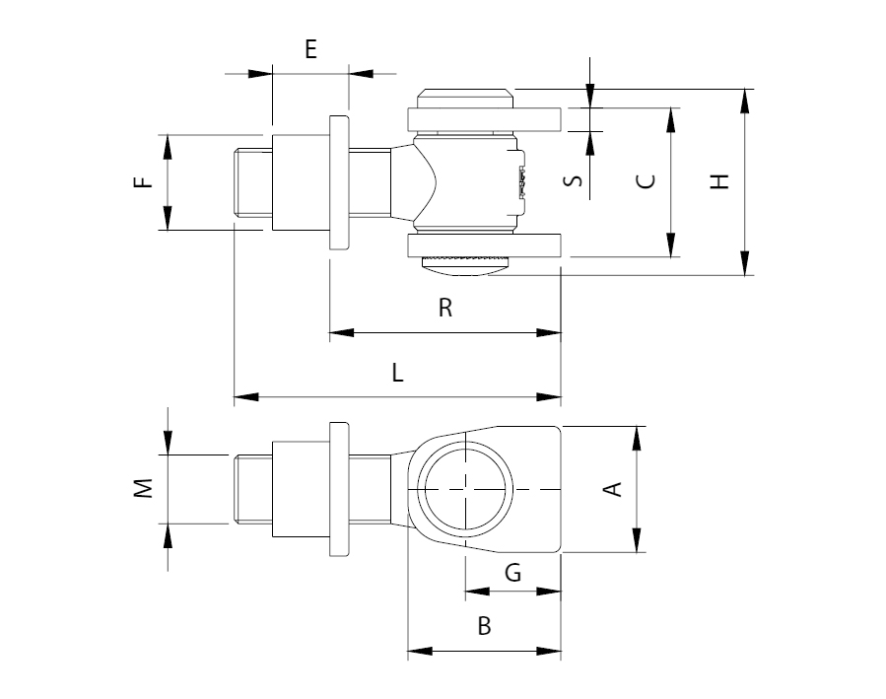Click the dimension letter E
(x=310, y=49)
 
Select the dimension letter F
(x=144, y=182)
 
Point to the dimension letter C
(x=646, y=180)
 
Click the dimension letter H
(x=719, y=181)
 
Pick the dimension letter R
(x=445, y=308)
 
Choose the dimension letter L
(x=398, y=373)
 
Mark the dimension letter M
(x=144, y=488)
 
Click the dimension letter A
(x=614, y=489)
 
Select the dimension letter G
(x=512, y=573)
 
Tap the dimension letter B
(x=484, y=626)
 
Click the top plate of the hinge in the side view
(x=484, y=119)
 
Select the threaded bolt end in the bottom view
(x=253, y=489)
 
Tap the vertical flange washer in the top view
(x=339, y=182)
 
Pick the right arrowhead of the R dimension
(x=549, y=333)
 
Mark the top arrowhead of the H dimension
(x=746, y=102)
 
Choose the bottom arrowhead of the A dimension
(x=638, y=539)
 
